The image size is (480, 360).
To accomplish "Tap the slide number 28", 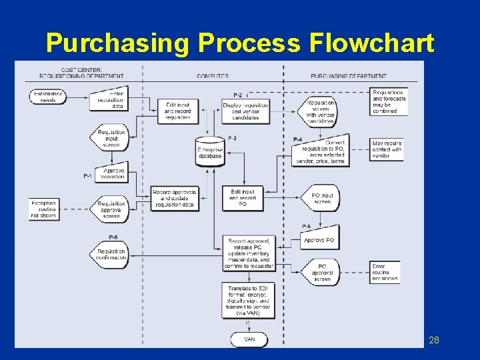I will [433, 340].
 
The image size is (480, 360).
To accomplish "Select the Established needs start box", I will [47, 98].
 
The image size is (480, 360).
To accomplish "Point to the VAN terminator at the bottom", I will [249, 339].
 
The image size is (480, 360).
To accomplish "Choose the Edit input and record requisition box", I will [177, 111].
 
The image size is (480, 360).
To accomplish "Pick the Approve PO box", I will [319, 240].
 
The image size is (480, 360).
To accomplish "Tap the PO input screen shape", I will [321, 198].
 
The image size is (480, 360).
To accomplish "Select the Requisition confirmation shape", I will [109, 254].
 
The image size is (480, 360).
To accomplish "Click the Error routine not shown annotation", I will [385, 272].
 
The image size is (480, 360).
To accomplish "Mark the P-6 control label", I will [113, 237].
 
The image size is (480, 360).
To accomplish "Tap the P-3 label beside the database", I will [232, 138].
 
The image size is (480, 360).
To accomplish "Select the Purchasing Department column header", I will [348, 76].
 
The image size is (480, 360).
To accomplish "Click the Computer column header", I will [213, 76].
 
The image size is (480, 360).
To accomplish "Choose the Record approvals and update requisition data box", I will [175, 198].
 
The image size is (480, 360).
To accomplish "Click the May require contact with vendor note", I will [387, 150].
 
